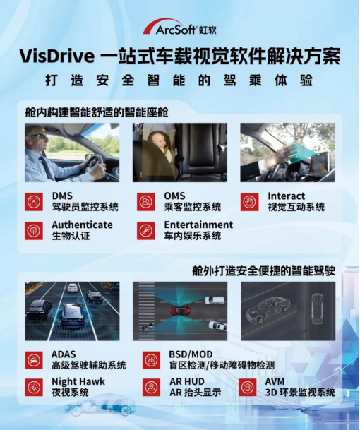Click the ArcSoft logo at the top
pos(180,27)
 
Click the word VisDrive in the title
pos(57,56)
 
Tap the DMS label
pos(62,196)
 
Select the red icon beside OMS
pos(146,202)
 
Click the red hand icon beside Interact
pos(249,202)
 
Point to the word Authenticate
pos(83,225)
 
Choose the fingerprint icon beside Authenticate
pos(34,231)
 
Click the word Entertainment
pos(198,225)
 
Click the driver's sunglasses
pos(40,136)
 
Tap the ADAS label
pos(64,354)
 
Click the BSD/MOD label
pos(191,354)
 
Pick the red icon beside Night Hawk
pos(34,387)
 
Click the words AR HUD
pos(187,381)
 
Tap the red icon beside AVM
pos(248,387)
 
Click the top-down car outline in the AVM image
pos(318,309)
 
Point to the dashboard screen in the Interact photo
pos(319,162)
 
